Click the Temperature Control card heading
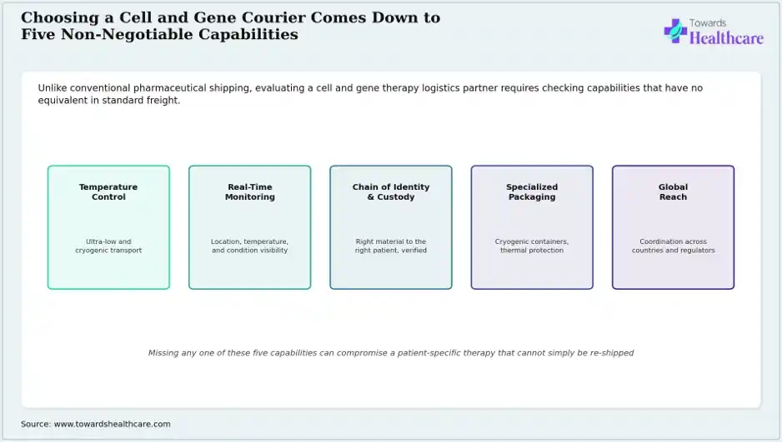point(108,191)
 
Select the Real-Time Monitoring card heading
point(250,191)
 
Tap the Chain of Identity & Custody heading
point(391,191)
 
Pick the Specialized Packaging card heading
point(532,191)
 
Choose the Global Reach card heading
point(674,191)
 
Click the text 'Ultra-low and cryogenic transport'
point(108,246)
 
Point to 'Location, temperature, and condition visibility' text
point(250,246)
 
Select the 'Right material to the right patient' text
point(391,246)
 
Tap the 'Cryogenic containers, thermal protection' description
point(532,246)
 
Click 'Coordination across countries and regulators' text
point(674,246)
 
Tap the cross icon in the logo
point(675,31)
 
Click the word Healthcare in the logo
point(726,37)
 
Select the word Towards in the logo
point(708,23)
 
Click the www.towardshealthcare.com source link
point(113,424)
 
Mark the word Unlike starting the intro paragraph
point(53,88)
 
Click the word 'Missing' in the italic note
point(163,353)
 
